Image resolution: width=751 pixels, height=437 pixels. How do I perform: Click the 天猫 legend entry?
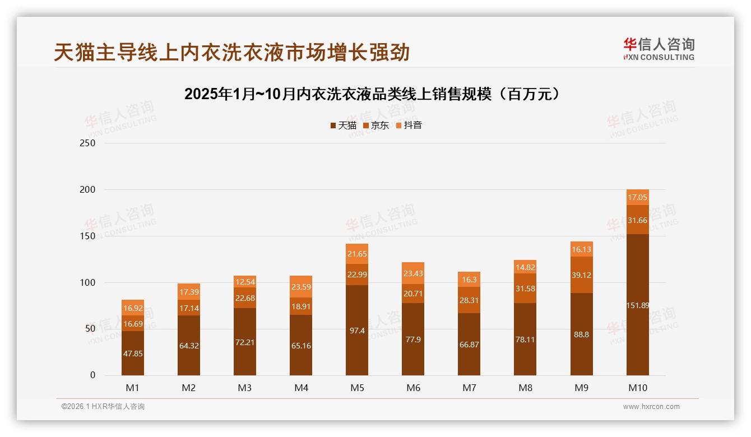click(343, 125)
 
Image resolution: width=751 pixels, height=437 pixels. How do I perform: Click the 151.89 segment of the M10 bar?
click(637, 305)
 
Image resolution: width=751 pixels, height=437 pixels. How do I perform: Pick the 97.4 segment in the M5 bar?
click(357, 331)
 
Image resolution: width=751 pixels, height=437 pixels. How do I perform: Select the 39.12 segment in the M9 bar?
click(581, 275)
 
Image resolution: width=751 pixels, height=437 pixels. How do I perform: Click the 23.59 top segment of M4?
click(301, 286)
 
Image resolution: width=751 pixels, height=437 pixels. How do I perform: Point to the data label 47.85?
click(133, 354)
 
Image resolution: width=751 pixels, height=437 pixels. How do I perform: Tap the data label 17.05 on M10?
click(637, 197)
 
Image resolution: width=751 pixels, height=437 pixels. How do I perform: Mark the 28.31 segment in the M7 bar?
click(469, 300)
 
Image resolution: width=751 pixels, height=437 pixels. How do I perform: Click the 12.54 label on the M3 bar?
click(245, 282)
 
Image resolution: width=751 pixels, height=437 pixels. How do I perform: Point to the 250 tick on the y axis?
click(88, 143)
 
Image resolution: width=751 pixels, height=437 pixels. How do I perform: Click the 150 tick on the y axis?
click(88, 236)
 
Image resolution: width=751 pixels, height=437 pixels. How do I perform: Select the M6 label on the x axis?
click(413, 388)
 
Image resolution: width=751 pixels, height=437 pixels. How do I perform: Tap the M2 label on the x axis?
click(189, 388)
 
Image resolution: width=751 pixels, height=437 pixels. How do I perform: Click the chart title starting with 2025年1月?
click(372, 94)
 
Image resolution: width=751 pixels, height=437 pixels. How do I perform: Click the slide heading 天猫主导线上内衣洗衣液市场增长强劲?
click(232, 52)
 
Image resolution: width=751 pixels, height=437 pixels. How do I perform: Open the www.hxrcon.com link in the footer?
click(651, 407)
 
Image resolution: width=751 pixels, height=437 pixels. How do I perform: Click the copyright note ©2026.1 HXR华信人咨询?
click(103, 407)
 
